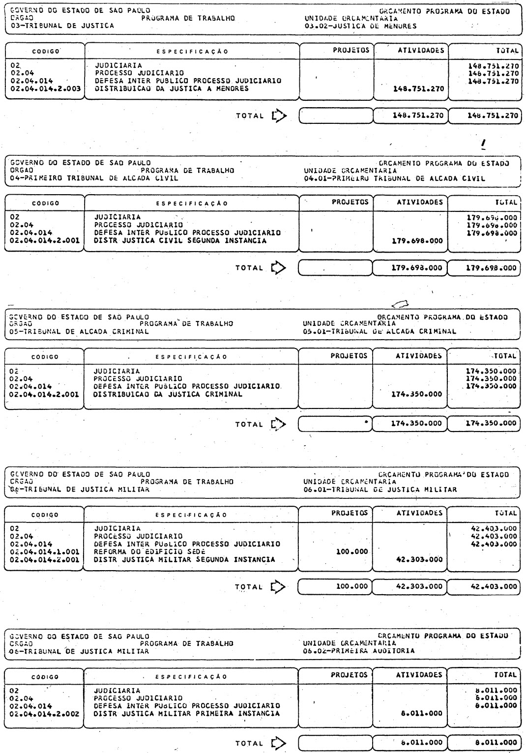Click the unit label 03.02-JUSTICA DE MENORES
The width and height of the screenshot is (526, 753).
[360, 26]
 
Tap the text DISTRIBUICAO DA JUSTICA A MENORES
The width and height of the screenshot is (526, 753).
[172, 89]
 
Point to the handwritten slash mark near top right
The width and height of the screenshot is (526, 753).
[484, 144]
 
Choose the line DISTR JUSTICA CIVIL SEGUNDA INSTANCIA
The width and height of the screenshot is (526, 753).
[180, 241]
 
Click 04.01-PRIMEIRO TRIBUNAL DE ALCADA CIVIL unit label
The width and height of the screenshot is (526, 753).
[394, 178]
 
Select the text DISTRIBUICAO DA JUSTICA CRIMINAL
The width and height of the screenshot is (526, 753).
[168, 394]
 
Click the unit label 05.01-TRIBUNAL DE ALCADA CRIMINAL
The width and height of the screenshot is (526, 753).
[380, 331]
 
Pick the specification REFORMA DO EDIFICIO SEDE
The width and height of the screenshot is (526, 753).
[149, 551]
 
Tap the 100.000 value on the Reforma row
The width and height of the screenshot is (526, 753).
[352, 552]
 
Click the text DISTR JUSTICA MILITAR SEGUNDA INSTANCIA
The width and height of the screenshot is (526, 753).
[184, 559]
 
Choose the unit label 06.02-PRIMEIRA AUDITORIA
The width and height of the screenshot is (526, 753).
[359, 651]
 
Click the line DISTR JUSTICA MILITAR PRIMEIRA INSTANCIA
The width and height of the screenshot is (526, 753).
[186, 713]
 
